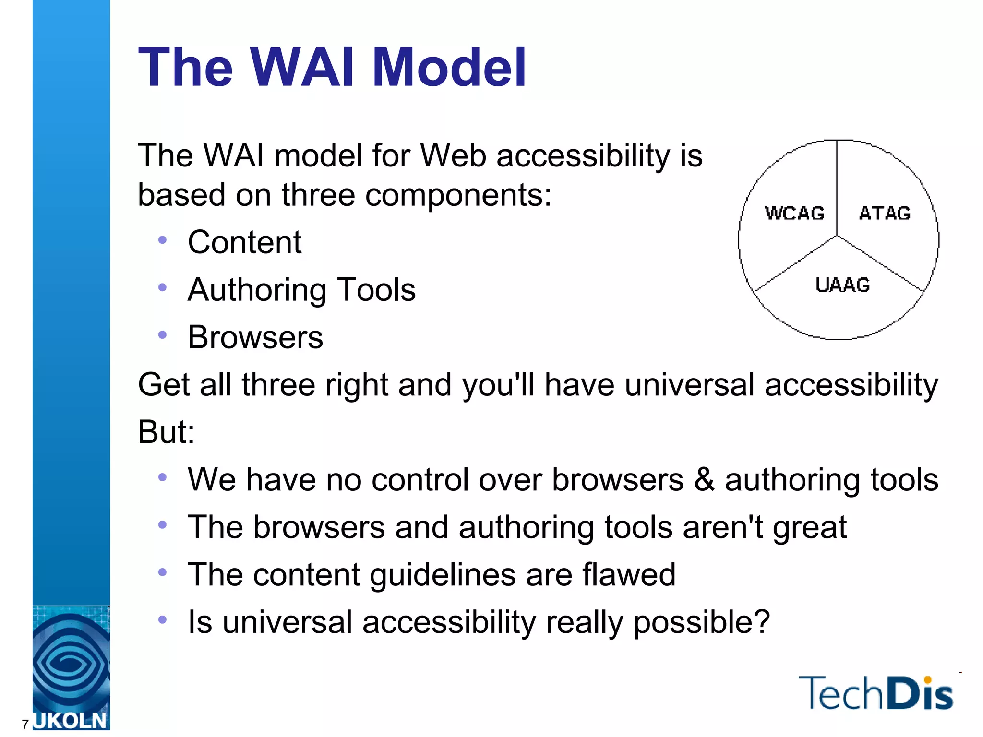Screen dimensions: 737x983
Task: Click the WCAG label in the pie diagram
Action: [x=794, y=213]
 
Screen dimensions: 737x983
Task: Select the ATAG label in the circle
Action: [x=885, y=213]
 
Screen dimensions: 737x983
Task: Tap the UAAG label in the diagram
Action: [x=842, y=285]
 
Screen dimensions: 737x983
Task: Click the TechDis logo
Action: [x=875, y=693]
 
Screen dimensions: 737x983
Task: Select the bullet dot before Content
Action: [x=162, y=239]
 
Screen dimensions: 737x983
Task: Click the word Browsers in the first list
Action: [x=255, y=337]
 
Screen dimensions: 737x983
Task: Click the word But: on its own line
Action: [x=166, y=432]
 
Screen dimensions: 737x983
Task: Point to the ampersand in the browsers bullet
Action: [x=704, y=479]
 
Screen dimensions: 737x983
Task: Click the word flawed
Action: [x=629, y=574]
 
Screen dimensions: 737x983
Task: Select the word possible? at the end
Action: [x=701, y=622]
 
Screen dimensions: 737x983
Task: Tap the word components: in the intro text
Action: [x=458, y=195]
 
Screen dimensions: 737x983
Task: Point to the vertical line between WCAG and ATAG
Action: [x=837, y=187]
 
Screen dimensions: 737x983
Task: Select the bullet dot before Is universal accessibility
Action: [x=162, y=620]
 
